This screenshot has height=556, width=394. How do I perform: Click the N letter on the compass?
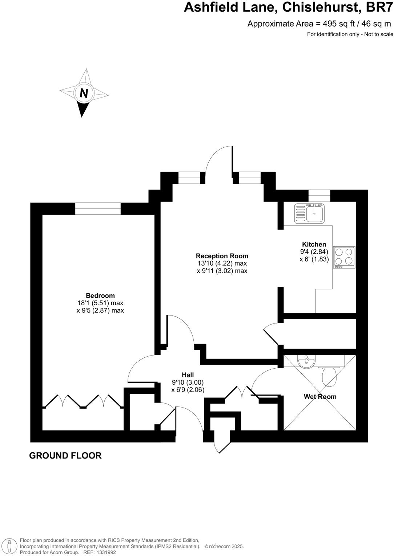point(84,94)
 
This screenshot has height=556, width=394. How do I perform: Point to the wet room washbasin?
point(306,361)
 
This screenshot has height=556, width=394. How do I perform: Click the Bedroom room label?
point(100,295)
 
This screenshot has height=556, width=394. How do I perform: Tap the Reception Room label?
point(222,256)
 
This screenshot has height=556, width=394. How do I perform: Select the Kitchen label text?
point(314,244)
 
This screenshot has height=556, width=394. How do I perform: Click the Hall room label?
point(188,375)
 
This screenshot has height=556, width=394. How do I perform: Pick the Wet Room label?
point(320,397)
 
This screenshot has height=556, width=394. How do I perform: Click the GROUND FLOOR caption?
point(65,456)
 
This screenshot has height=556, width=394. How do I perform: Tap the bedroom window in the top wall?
point(98,208)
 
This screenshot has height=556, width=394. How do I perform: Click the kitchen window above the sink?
point(319,195)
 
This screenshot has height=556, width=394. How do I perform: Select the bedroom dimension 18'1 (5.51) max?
point(100,303)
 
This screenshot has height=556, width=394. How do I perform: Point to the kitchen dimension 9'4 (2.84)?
point(314,252)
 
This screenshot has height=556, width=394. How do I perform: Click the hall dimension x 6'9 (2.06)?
point(188,390)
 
